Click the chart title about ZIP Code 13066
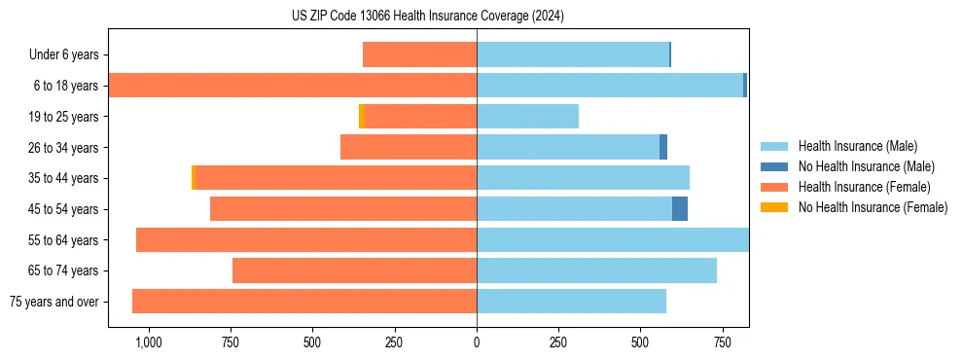point(427,16)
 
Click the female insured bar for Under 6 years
point(419,54)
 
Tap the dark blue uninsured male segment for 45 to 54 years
point(680,209)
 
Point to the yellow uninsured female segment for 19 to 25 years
point(361,117)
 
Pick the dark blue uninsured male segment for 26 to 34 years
point(663,147)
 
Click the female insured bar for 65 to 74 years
point(354,270)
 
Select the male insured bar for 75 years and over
point(571,302)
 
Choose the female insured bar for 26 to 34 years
point(409,147)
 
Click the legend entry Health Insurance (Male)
point(857,146)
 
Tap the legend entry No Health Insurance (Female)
point(873,207)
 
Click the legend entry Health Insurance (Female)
point(864,187)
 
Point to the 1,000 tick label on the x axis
point(148,342)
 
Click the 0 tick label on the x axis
point(477,342)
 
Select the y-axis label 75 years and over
point(53,302)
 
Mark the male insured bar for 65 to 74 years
point(596,270)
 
